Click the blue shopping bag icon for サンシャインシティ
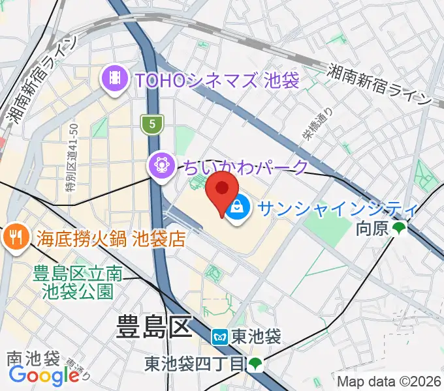tap(239, 208)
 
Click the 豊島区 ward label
tap(154, 326)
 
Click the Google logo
tap(43, 375)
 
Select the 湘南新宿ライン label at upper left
tap(40, 79)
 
